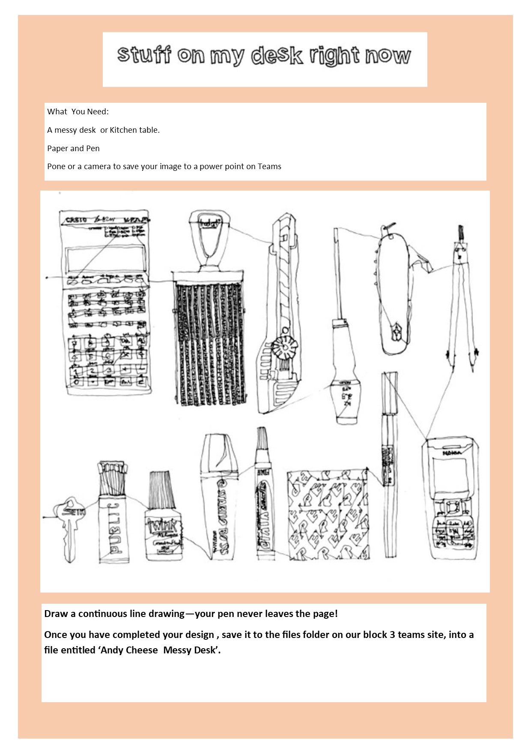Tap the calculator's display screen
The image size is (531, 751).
[x=104, y=259]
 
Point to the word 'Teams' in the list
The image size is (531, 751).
[x=269, y=167]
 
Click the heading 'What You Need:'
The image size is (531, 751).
[x=78, y=112]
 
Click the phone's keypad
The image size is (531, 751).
[x=454, y=527]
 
